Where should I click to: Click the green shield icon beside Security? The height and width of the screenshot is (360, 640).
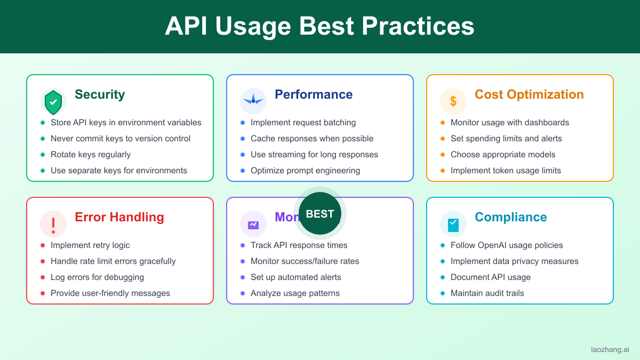53,102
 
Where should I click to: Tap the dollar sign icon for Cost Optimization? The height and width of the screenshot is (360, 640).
453,101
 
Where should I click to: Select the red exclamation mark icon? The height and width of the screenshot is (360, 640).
53,225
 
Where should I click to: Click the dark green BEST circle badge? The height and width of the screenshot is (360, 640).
320,213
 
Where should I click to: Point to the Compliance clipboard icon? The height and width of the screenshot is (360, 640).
453,225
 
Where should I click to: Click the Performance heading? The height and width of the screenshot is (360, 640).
314,94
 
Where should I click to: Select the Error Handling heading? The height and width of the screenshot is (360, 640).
119,217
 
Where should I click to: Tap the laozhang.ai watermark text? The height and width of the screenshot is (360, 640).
610,349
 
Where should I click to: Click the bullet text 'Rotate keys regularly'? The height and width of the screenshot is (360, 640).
91,155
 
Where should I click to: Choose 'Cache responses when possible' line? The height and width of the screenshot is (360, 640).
312,139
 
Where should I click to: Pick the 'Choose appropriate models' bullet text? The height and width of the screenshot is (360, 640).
503,155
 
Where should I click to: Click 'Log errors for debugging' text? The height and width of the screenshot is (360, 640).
97,277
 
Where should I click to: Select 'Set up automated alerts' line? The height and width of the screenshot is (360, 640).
296,277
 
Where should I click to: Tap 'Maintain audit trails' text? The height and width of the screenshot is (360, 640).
487,293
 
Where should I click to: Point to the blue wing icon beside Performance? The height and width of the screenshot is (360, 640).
253,101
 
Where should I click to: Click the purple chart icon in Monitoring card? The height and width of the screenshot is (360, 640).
253,225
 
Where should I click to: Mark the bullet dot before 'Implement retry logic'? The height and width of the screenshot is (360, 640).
43,245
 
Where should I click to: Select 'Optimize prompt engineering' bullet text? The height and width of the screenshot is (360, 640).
306,171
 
